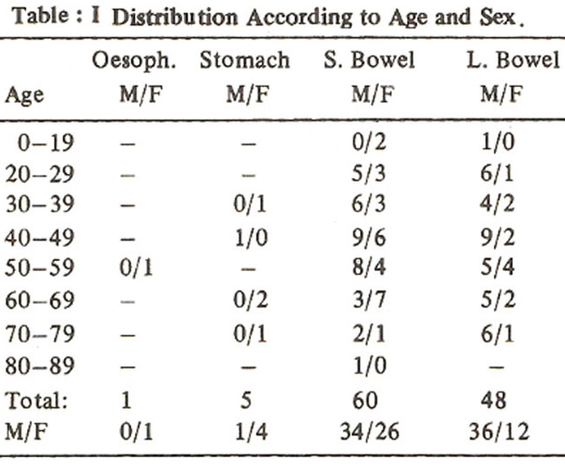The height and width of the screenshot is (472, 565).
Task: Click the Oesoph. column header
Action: coord(134,61)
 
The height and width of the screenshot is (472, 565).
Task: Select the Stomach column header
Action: coord(244,60)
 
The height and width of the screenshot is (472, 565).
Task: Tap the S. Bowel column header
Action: coord(369,60)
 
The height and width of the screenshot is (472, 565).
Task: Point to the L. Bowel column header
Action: coord(514,60)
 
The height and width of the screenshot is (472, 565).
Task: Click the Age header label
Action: coord(24,96)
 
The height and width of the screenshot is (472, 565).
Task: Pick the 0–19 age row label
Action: coord(46,143)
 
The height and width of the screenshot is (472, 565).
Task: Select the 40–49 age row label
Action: coord(40,238)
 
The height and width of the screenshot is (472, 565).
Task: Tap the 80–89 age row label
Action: coord(40,366)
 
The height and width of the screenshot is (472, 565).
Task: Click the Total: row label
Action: coord(37,400)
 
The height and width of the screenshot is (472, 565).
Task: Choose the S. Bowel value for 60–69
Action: coord(369,300)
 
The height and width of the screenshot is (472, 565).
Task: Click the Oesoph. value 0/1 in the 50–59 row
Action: coord(136,268)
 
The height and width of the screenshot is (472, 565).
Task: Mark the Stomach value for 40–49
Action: coord(251,238)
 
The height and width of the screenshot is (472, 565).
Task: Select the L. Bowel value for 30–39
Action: coord(497,204)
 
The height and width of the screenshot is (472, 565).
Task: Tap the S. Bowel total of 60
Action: coord(365,400)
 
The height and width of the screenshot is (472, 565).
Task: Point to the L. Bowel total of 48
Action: coord(494,400)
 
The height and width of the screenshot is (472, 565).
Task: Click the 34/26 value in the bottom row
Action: coord(369,432)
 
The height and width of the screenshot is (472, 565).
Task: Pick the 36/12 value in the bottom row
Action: coord(499,432)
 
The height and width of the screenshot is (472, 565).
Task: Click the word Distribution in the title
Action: coord(175,17)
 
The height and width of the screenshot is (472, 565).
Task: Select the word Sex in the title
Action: coord(497,17)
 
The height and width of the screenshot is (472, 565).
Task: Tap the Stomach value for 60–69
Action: coord(251,300)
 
